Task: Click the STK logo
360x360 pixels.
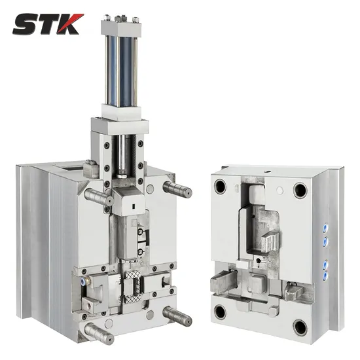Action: point(48,24)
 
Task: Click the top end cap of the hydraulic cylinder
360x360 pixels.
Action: point(121,27)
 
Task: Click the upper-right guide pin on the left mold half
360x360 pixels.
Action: point(177,189)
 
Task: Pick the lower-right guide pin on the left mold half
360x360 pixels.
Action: point(177,315)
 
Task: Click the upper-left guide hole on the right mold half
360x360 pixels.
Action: point(220,187)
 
